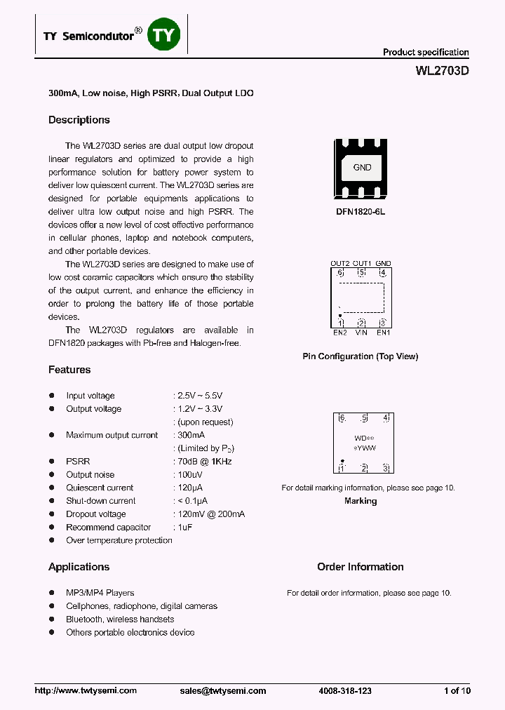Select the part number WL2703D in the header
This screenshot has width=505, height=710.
tap(442, 71)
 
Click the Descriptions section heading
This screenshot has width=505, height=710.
tap(79, 120)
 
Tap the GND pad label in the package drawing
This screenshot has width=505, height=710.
tap(362, 168)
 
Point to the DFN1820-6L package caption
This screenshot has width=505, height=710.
tap(361, 210)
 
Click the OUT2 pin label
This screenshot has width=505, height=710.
tap(340, 264)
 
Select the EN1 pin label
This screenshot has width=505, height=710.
tap(383, 332)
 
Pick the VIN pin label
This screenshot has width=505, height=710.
tap(361, 332)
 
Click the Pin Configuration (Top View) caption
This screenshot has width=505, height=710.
tap(360, 356)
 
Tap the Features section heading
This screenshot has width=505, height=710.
tap(69, 370)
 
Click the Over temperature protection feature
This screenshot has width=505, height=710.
tap(119, 540)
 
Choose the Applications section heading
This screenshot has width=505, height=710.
tap(79, 567)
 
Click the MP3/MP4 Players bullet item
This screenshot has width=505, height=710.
tap(100, 593)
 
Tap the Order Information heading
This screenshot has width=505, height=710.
tap(360, 567)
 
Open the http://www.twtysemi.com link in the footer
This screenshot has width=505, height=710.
tap(86, 690)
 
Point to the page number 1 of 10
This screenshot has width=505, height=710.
tap(457, 690)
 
